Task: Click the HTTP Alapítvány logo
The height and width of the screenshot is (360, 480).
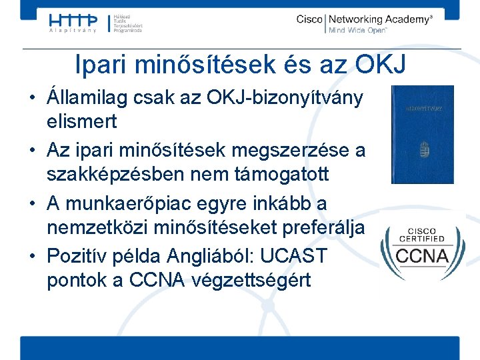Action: coord(74,23)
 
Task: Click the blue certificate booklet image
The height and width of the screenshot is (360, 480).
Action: coord(421,134)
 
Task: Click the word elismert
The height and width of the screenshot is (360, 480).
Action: coord(81,122)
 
